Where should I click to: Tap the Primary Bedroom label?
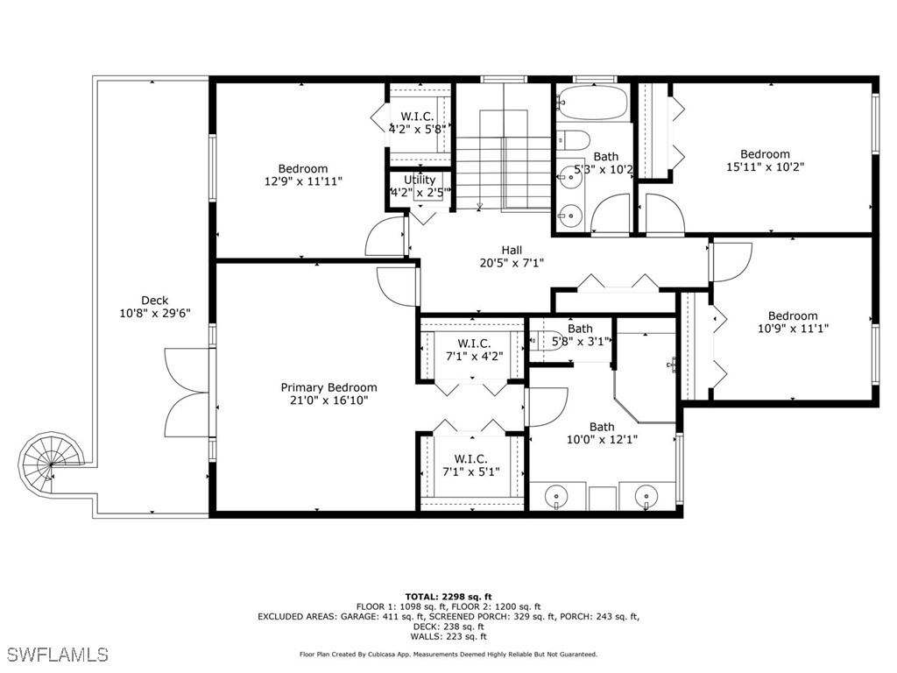coord(328,387)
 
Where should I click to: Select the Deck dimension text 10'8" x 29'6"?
coord(154,313)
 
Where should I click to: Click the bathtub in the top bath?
coord(592,103)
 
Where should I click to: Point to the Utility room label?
coord(420,181)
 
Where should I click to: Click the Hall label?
coord(512,251)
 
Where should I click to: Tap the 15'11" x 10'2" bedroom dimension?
coord(765,166)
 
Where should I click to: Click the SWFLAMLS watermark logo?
coord(57,654)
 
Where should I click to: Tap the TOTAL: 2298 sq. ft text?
coord(448,596)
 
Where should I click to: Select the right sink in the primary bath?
coord(646,498)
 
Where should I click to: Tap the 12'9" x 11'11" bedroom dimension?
coord(303,181)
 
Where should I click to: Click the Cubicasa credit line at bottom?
coord(448,654)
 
